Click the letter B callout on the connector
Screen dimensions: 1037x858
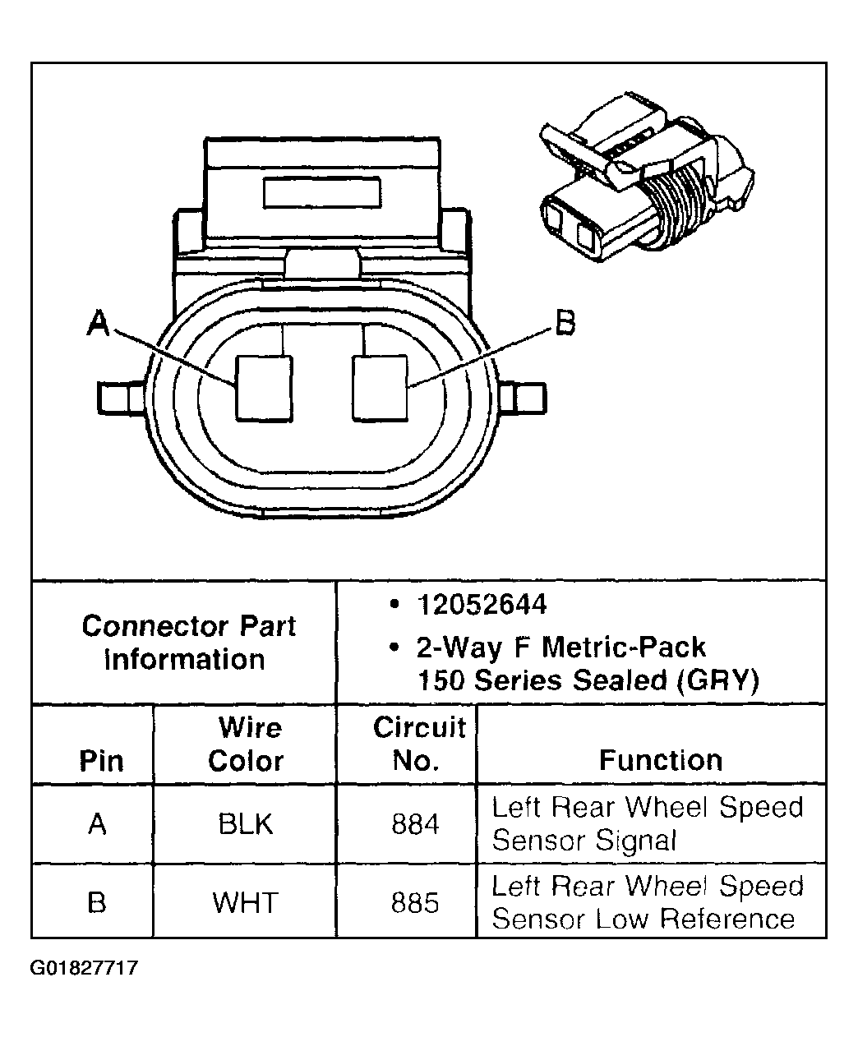pyautogui.click(x=565, y=322)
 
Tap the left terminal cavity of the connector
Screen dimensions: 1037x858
pyautogui.click(x=263, y=388)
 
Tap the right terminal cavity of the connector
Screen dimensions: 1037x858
pyautogui.click(x=379, y=388)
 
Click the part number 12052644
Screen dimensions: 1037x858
pyautogui.click(x=481, y=606)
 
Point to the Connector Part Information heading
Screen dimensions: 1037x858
pyautogui.click(x=188, y=643)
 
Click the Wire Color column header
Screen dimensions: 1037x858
pyautogui.click(x=246, y=744)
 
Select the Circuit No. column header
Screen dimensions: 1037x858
pyautogui.click(x=418, y=744)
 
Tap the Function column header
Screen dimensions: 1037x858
pyautogui.click(x=660, y=760)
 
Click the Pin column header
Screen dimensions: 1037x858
pyautogui.click(x=101, y=761)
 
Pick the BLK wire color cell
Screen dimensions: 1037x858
pyautogui.click(x=246, y=824)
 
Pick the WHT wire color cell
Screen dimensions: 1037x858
pyautogui.click(x=246, y=903)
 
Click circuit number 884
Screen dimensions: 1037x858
pyautogui.click(x=415, y=824)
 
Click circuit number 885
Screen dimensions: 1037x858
pyautogui.click(x=415, y=903)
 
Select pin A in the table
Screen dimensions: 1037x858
pyautogui.click(x=97, y=824)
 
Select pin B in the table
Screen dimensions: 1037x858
pyautogui.click(x=97, y=903)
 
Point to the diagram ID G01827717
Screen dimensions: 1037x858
pyautogui.click(x=85, y=968)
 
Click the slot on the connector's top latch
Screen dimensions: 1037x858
pyautogui.click(x=321, y=192)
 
